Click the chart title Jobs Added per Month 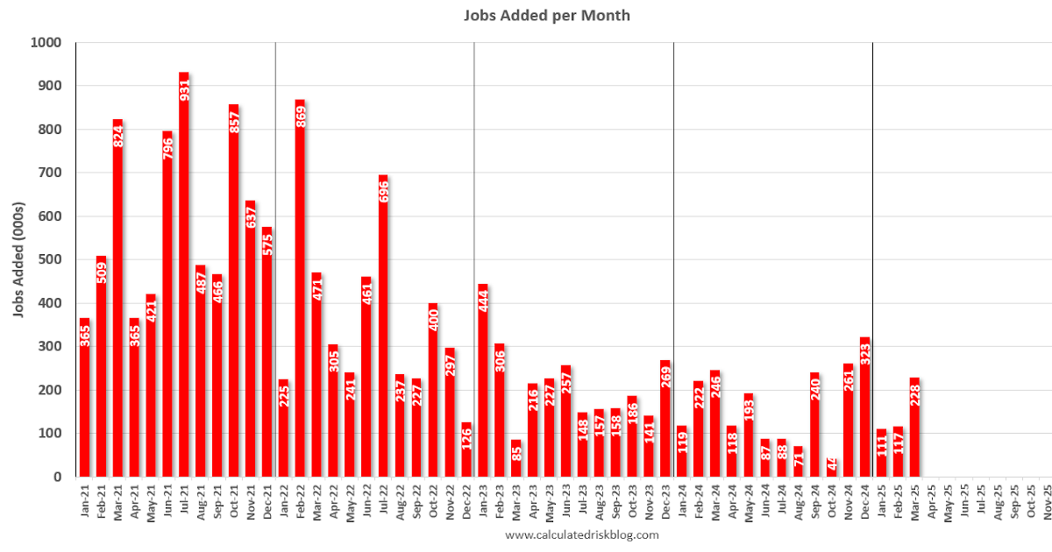click(x=547, y=16)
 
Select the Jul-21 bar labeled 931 click(x=184, y=280)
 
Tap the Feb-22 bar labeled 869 click(x=300, y=289)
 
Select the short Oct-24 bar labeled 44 click(x=832, y=467)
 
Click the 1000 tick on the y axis click(x=46, y=42)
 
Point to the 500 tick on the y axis click(x=49, y=259)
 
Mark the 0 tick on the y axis click(x=57, y=477)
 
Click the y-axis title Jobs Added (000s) click(x=18, y=260)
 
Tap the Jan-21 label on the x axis click(x=85, y=502)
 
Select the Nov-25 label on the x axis click(x=1048, y=502)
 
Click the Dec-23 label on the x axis click(x=666, y=502)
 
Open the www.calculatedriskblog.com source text click(x=582, y=534)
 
